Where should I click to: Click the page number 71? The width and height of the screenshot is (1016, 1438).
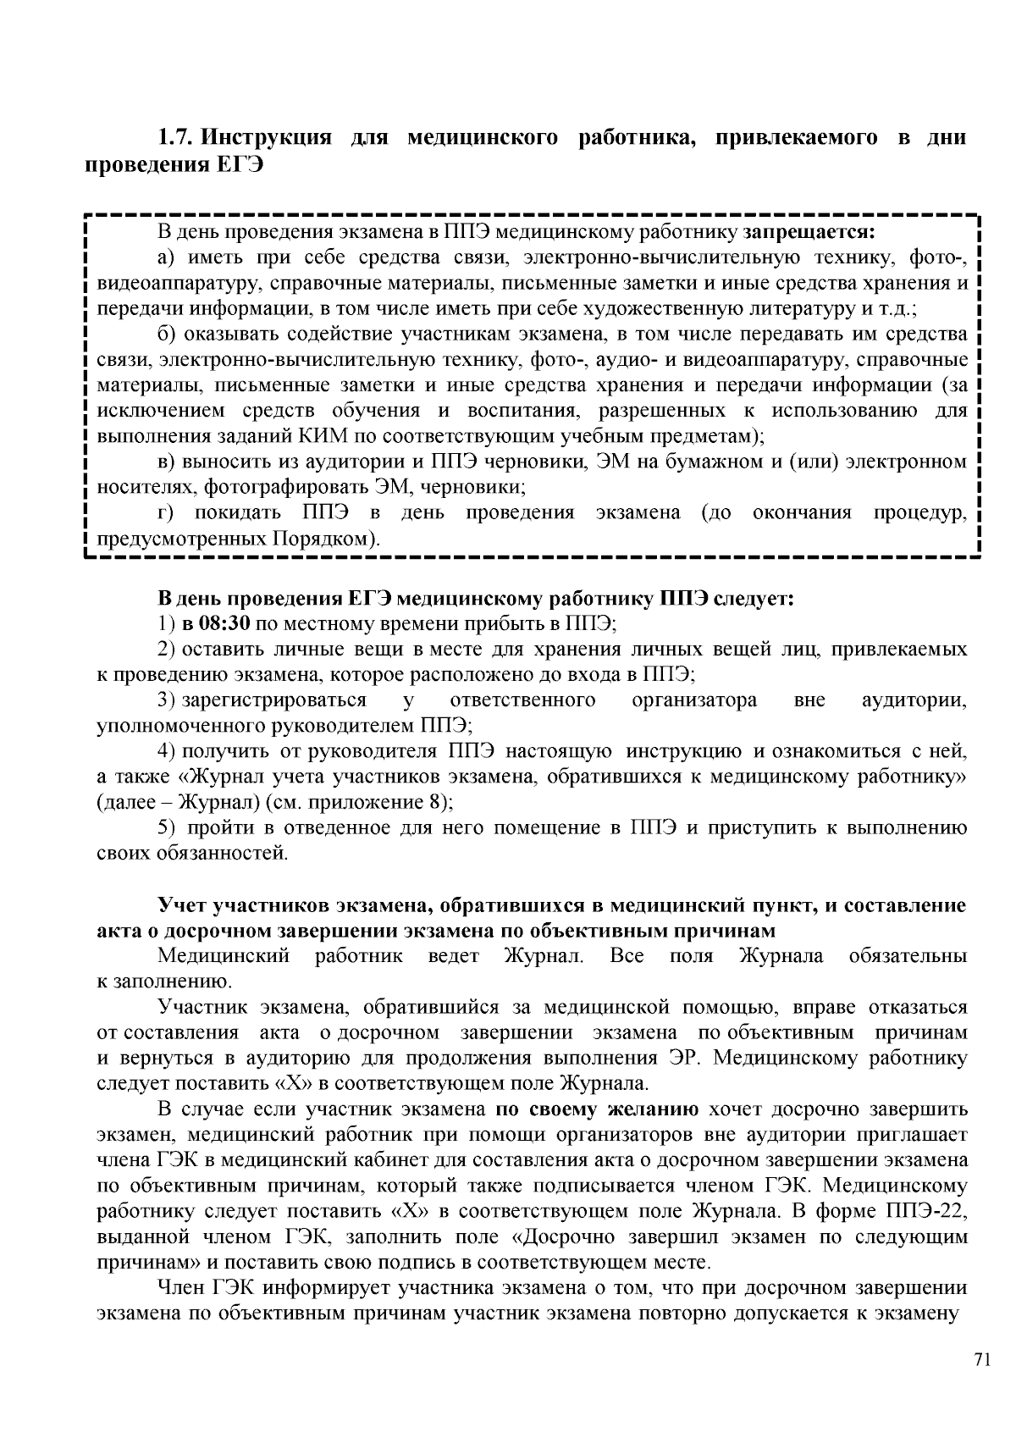982,1360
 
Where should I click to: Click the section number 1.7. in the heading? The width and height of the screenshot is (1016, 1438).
177,137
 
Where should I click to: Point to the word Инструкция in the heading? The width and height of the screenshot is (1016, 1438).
270,137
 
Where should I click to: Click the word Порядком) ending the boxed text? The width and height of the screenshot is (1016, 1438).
325,539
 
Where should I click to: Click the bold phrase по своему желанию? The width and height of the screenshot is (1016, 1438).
603,1109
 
